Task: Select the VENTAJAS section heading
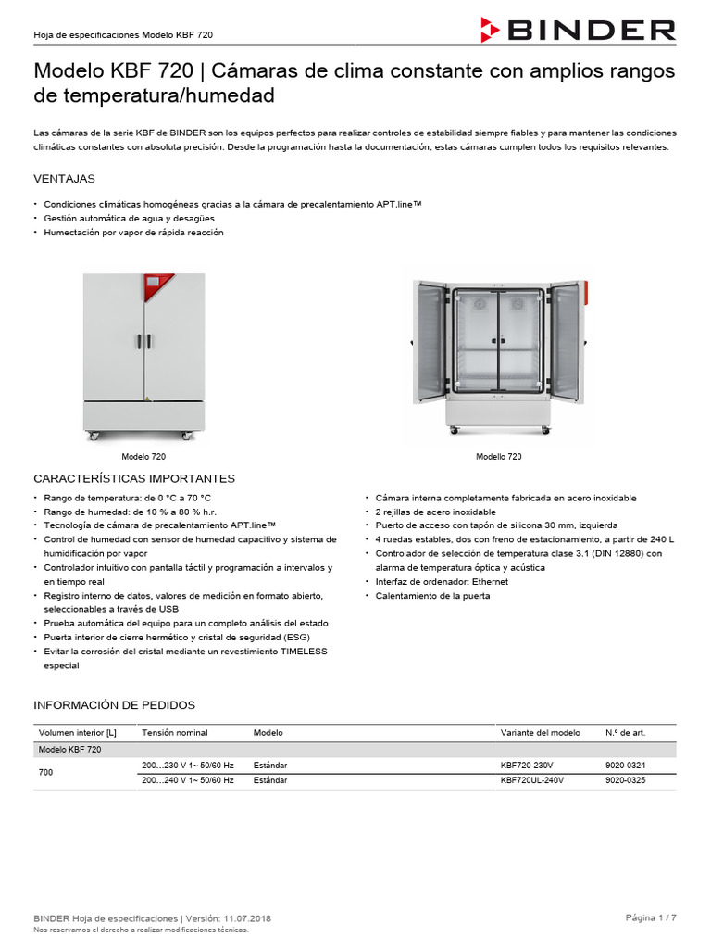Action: coord(64,178)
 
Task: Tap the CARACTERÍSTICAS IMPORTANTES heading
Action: coord(134,478)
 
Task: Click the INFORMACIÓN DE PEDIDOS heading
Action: coord(114,705)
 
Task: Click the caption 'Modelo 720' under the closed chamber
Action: coord(143,457)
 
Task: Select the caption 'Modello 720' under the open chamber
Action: coord(498,457)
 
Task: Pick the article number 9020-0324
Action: coord(625,766)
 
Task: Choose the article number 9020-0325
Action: coord(625,780)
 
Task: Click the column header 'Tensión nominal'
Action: coord(174,733)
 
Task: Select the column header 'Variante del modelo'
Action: coord(540,733)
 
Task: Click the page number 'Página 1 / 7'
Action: coord(651,917)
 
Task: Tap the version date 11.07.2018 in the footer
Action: coord(247,918)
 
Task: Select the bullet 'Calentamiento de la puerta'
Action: coord(431,596)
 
